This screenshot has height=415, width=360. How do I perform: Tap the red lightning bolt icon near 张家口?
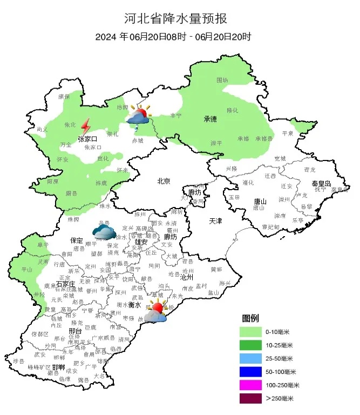(x=85, y=126)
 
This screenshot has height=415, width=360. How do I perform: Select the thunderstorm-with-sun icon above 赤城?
(x=138, y=117)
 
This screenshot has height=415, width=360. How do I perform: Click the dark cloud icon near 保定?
(x=104, y=232)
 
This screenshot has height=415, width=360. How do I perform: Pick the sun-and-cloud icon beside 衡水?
(x=155, y=312)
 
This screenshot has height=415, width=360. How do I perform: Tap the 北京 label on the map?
(x=164, y=182)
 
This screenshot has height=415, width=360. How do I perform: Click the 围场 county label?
(x=222, y=80)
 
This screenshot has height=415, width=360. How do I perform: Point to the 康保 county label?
(x=64, y=96)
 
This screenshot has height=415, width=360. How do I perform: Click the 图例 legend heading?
(x=251, y=317)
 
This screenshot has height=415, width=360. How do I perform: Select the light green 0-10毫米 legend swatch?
(x=251, y=331)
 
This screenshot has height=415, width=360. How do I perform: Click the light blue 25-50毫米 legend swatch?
(x=251, y=358)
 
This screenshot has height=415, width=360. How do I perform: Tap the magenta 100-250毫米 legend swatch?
(x=251, y=385)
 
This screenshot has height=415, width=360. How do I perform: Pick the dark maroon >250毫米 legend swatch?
(x=251, y=399)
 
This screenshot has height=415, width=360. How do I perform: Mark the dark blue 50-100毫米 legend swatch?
(x=251, y=372)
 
